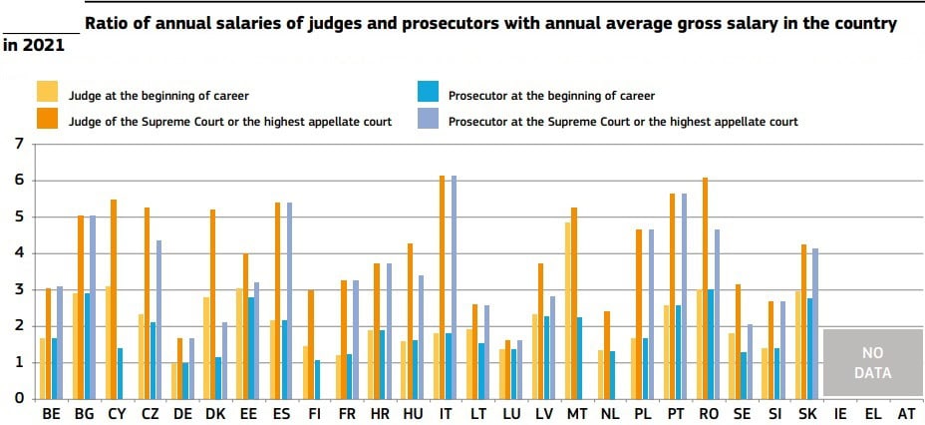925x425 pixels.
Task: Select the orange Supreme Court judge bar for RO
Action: (x=704, y=288)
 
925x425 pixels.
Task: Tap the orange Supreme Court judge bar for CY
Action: (x=114, y=299)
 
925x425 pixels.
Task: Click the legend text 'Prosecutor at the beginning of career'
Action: (x=551, y=96)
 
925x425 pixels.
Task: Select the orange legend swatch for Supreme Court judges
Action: (x=47, y=119)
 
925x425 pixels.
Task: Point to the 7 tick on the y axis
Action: (x=18, y=144)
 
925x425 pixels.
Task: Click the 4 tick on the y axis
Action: (x=18, y=253)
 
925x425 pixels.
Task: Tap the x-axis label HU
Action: (x=411, y=413)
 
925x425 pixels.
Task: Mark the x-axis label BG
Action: (x=84, y=413)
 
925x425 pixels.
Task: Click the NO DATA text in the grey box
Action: (x=872, y=363)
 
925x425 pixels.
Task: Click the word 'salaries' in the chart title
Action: (x=246, y=22)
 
